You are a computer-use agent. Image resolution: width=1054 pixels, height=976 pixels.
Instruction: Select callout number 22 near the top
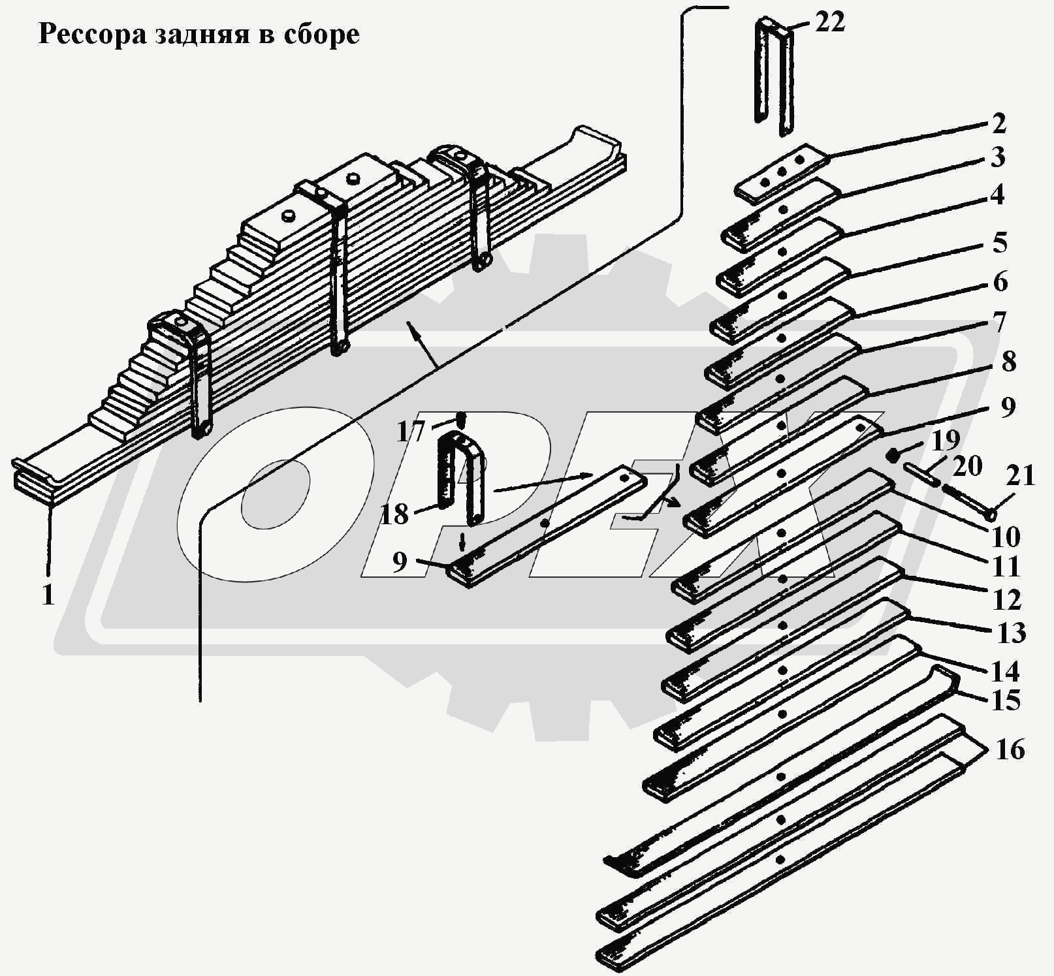click(829, 22)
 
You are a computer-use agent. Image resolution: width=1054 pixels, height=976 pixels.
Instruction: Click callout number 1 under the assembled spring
click(48, 595)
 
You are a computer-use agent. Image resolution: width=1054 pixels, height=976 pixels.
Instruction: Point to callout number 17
click(411, 432)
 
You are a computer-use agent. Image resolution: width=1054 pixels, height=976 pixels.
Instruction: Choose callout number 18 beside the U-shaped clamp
click(394, 514)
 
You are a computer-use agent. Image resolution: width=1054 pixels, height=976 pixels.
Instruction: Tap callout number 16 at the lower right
click(1010, 749)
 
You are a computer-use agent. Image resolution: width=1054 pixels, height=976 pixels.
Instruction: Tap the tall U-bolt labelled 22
click(774, 75)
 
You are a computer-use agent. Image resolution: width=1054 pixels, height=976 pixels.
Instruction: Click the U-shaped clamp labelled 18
click(461, 477)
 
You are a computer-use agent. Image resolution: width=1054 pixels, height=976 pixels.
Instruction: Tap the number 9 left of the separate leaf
click(400, 562)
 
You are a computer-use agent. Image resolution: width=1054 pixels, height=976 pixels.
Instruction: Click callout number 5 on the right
click(1000, 243)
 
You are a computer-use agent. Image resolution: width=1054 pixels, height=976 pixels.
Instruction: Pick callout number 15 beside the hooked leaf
click(1006, 701)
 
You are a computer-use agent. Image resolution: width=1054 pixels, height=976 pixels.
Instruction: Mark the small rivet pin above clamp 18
click(460, 418)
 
